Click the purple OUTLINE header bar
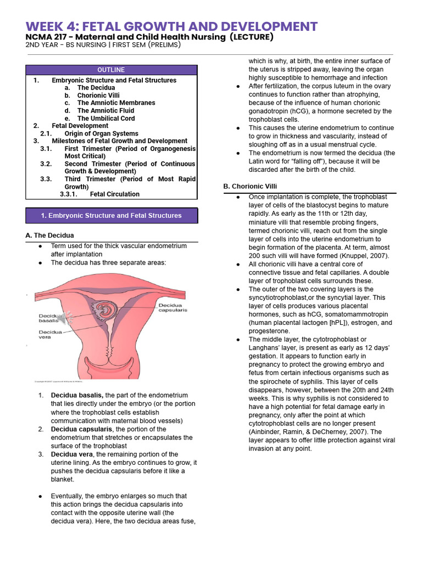click(x=112, y=70)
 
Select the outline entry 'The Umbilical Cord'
click(x=105, y=118)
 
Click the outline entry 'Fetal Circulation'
click(x=114, y=194)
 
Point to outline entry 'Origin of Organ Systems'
click(x=101, y=133)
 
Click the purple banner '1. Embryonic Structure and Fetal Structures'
click(x=112, y=216)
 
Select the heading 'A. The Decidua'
click(x=50, y=235)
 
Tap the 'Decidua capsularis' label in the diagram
click(x=173, y=307)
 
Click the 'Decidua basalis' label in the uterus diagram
click(x=51, y=318)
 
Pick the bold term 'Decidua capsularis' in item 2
click(x=81, y=429)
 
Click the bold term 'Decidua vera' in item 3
click(x=71, y=454)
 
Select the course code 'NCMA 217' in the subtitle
click(x=48, y=37)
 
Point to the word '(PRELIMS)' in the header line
click(x=161, y=45)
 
